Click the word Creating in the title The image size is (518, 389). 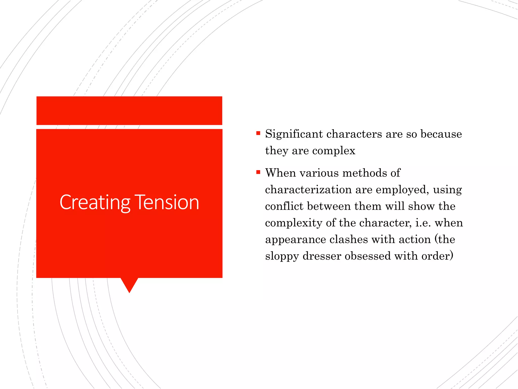[x=95, y=203]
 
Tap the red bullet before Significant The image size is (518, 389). [x=258, y=133]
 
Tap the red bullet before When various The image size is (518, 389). [x=258, y=172]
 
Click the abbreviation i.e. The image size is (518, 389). [x=423, y=223]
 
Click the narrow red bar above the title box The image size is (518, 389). [x=129, y=110]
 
